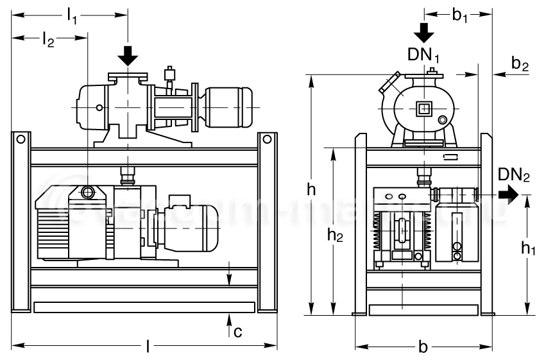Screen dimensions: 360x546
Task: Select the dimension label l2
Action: point(47,40)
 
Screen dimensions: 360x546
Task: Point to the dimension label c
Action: point(237,331)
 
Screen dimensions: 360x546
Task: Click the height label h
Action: point(311,190)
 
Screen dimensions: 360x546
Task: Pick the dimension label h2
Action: point(335,236)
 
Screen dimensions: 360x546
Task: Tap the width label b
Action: point(423,347)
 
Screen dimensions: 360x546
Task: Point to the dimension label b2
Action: point(520,64)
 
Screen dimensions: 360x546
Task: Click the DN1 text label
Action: point(424,55)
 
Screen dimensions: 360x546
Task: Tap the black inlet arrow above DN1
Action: point(424,31)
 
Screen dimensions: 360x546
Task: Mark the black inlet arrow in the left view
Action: point(128,56)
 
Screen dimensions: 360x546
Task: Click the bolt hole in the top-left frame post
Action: point(21,138)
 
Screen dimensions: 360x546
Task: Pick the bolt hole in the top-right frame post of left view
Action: point(267,138)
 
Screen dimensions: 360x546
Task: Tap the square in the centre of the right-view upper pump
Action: point(423,108)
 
